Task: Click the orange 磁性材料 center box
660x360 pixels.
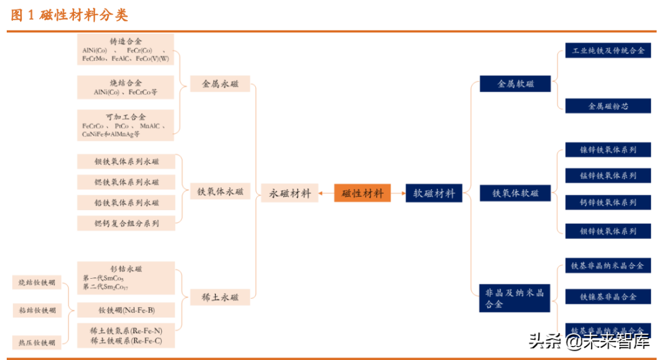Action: (x=363, y=193)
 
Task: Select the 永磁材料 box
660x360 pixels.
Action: (x=290, y=193)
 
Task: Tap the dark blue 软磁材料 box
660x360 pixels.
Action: (x=434, y=193)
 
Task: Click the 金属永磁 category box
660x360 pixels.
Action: (x=222, y=84)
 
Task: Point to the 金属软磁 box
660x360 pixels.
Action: (x=515, y=84)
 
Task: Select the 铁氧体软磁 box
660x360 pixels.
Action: (x=515, y=193)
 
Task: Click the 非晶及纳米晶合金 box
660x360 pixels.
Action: (x=515, y=297)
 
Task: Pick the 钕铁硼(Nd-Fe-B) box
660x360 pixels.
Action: (x=126, y=310)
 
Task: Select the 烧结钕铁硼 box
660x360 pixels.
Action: (x=37, y=282)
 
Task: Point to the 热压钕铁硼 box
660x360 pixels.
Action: (x=37, y=342)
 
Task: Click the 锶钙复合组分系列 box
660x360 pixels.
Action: (x=126, y=224)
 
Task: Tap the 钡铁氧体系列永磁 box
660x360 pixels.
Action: (x=126, y=162)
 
